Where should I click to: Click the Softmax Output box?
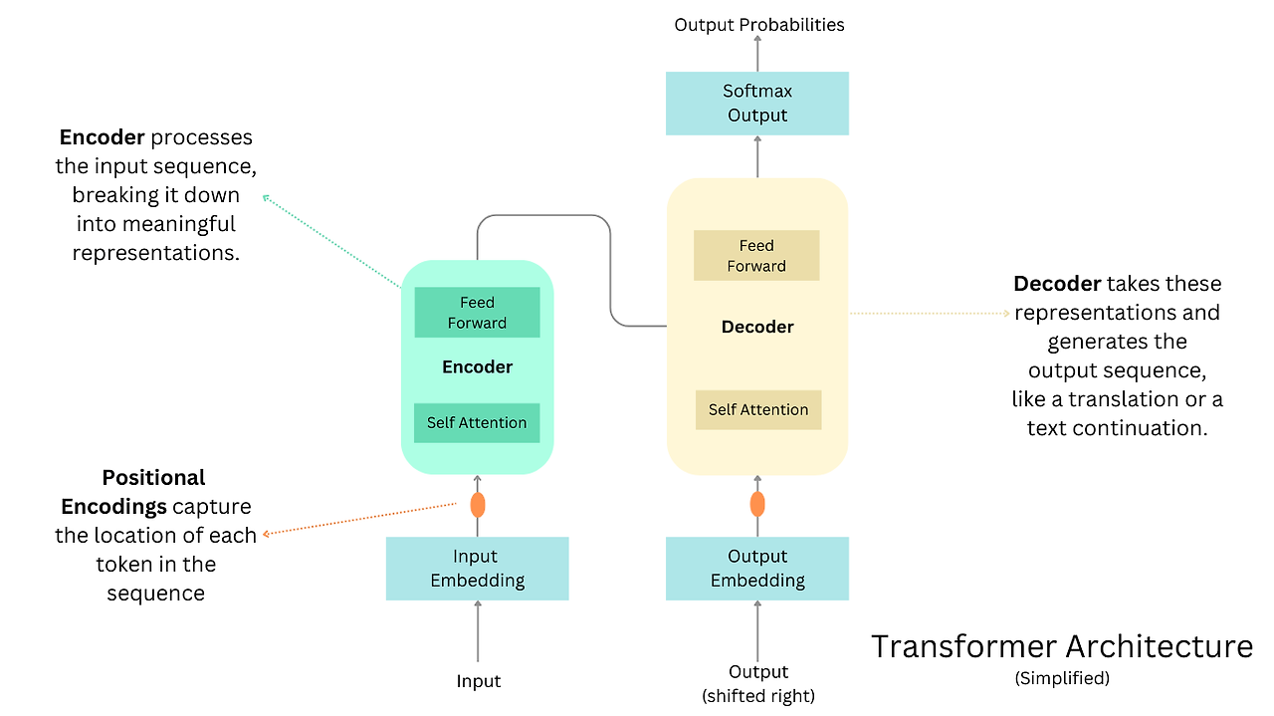(x=757, y=104)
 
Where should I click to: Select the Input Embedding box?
(x=477, y=568)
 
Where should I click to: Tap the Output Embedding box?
(x=757, y=568)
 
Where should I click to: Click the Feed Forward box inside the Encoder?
(x=477, y=312)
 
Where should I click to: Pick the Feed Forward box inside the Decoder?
(x=756, y=255)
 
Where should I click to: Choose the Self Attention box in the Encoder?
(x=477, y=423)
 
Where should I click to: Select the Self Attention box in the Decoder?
(x=758, y=410)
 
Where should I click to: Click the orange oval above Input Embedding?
(x=478, y=505)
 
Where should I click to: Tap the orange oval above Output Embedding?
(x=757, y=504)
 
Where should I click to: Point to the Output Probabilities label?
(x=759, y=25)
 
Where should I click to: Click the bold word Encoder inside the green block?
(x=477, y=367)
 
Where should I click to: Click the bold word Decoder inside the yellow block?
(x=757, y=327)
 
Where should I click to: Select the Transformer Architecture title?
(x=1062, y=646)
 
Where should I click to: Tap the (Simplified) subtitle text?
(x=1062, y=678)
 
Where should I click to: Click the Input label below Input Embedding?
(x=479, y=681)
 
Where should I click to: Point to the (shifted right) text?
(x=758, y=696)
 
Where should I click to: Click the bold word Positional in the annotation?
(x=153, y=478)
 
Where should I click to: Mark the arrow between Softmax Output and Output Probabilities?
(x=757, y=54)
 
